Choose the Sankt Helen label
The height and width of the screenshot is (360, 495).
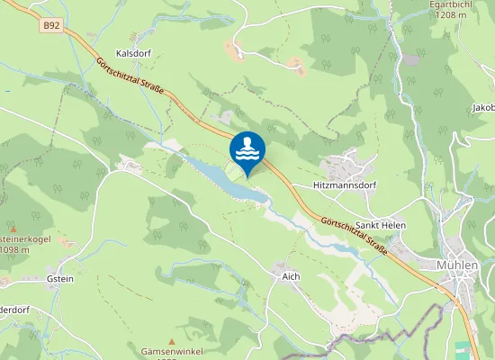(381, 224)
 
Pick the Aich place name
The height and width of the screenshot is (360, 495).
(290, 275)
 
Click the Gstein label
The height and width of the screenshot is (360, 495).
(60, 279)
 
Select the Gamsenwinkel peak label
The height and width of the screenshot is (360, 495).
(174, 350)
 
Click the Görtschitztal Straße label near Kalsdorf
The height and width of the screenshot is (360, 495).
(135, 81)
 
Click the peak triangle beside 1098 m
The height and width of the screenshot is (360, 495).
(13, 228)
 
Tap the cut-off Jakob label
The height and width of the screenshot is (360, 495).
(482, 108)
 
